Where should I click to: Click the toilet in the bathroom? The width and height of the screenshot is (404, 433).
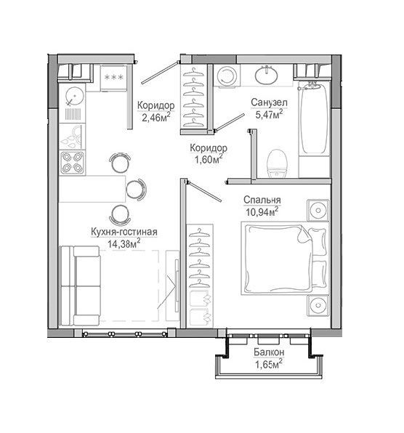pos(278,163)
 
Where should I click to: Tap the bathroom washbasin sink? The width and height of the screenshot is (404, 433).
pos(266,74)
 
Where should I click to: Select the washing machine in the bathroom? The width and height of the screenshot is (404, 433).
pos(227,76)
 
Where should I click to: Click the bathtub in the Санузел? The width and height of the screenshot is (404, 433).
pos(314,118)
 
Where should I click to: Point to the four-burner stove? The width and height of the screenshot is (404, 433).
pos(72,163)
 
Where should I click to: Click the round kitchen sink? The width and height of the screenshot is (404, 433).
pos(74,96)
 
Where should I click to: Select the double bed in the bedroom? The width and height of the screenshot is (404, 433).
pos(286,258)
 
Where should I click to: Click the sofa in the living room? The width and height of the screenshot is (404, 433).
pos(80,286)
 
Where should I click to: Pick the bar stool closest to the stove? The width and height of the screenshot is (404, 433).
pos(120,162)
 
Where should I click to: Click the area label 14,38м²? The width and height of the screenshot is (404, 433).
pos(124,243)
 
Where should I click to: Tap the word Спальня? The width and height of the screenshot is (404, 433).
pos(262,200)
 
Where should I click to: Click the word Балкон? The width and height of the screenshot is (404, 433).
pos(269,352)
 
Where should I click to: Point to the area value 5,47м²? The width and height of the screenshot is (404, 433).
pos(269,114)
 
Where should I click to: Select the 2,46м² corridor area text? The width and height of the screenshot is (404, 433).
pos(156,117)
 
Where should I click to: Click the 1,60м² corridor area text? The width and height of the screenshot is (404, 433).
pos(209,159)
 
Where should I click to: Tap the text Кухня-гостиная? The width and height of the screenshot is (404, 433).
pos(124,232)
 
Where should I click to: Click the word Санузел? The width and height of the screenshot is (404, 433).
pos(269,102)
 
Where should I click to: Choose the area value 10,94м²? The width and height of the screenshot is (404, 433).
pos(262,212)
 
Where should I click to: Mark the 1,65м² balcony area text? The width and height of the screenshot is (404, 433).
pos(269,364)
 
